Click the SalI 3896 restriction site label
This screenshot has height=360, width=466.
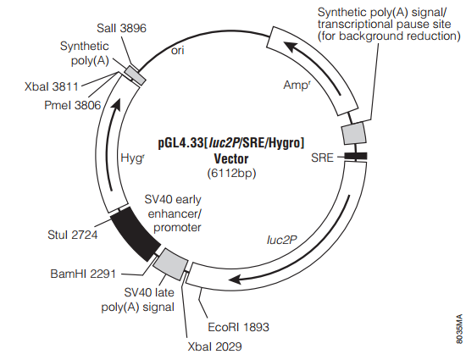pos(121,28)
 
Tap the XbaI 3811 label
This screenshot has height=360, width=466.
pos(52,86)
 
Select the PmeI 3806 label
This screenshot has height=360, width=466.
pos(73,105)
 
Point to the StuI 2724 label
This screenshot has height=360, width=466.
pos(73,235)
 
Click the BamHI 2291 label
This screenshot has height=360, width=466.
pos(83,274)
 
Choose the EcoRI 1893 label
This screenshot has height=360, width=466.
pos(238,327)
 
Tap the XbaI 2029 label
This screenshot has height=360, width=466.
pos(214,346)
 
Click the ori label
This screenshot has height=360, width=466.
pos(177,51)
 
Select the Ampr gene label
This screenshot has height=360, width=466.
pos(297,86)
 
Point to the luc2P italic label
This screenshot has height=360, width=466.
pos(282,240)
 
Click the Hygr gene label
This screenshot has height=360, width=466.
pos(132,158)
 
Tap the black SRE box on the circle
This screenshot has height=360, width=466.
pos(356,156)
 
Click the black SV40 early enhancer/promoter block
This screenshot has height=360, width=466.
pos(136,234)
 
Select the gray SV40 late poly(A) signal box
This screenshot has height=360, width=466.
pos(170,264)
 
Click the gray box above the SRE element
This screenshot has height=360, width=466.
pos(354,133)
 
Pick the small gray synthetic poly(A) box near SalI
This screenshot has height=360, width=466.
pos(135,75)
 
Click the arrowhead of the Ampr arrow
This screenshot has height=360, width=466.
pos(290,47)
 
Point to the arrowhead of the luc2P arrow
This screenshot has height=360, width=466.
pos(236,280)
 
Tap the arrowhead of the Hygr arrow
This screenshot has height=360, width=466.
pos(116,104)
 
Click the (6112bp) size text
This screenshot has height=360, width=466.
pos(231,173)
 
